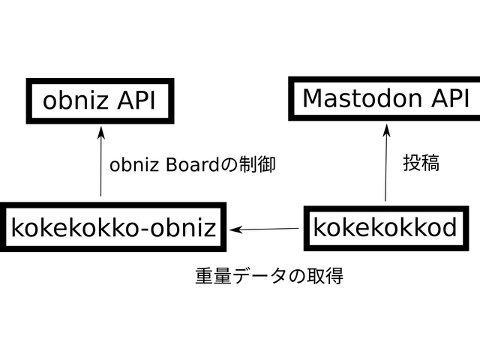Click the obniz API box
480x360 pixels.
tap(100, 100)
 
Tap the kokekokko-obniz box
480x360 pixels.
tap(113, 227)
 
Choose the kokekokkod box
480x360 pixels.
tap(385, 227)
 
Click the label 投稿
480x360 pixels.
tap(421, 163)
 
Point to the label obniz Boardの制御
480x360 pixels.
tap(193, 165)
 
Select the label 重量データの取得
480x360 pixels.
tap(269, 276)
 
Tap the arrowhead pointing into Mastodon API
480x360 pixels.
tap(387, 129)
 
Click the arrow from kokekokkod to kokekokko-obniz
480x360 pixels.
tap(266, 228)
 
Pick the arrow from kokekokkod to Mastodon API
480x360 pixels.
tap(386, 165)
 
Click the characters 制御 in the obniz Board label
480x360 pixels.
tap(258, 165)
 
